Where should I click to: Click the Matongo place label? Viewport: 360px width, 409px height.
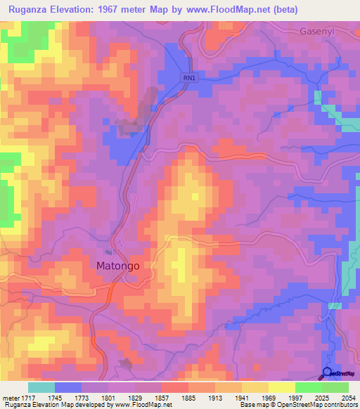(x=118, y=266)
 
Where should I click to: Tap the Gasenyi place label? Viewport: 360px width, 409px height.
(x=321, y=32)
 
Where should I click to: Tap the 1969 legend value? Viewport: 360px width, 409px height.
(x=269, y=397)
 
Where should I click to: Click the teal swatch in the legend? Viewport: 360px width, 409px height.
(x=41, y=387)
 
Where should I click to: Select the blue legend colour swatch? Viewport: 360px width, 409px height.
(x=68, y=387)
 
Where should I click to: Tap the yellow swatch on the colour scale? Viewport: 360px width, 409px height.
(x=282, y=387)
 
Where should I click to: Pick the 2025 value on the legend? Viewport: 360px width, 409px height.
(x=321, y=397)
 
